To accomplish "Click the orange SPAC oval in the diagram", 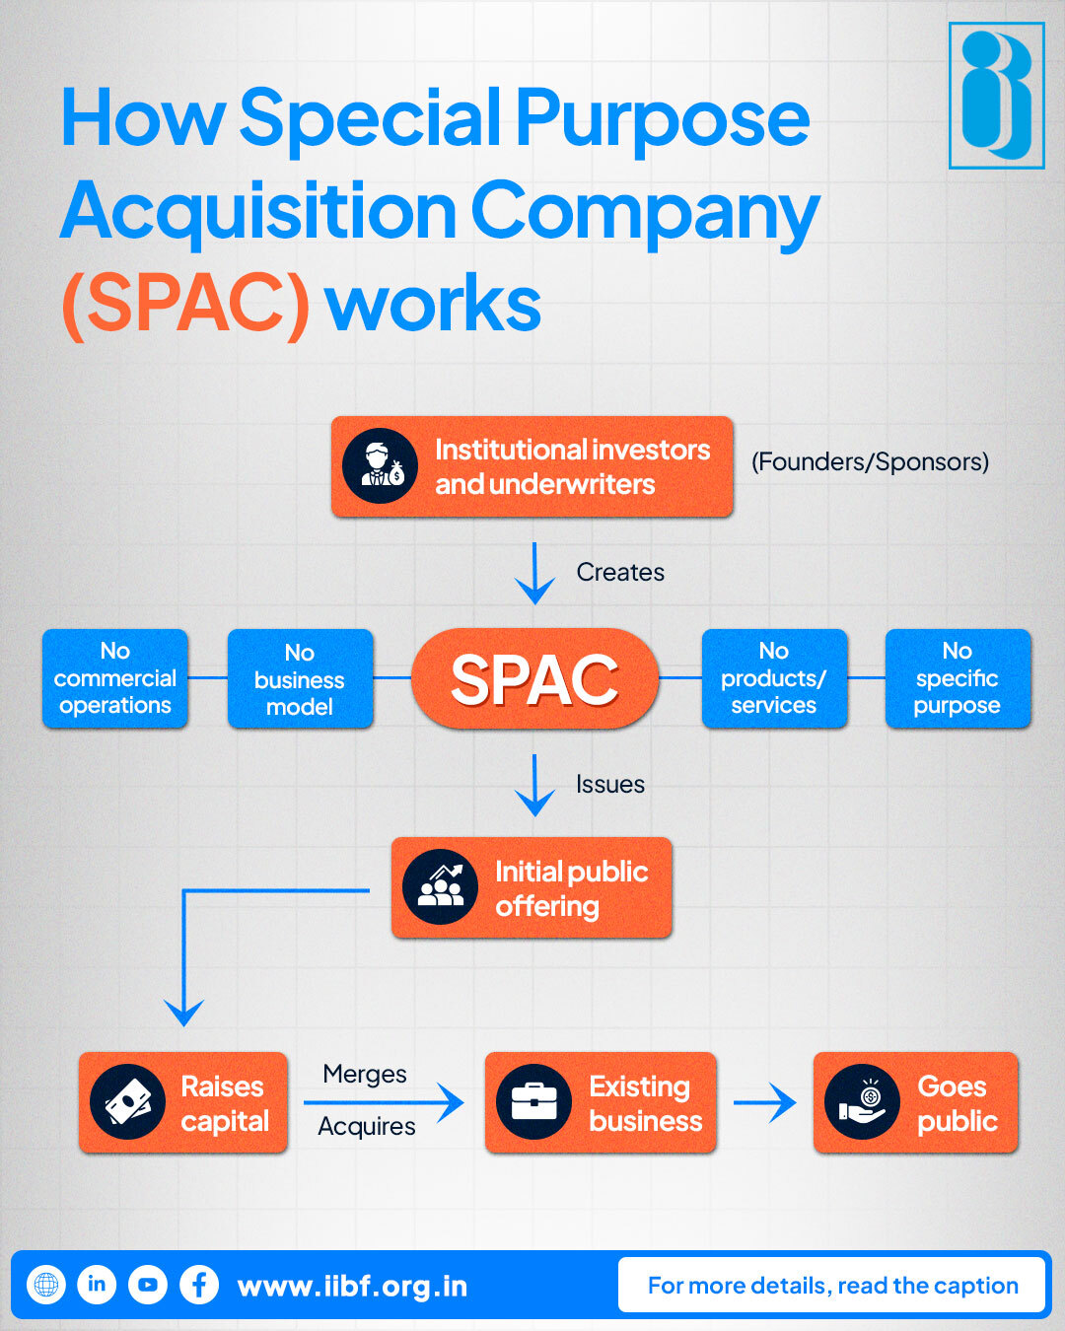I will pos(534,679).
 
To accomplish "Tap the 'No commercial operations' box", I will pos(115,678).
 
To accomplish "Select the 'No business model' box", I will pos(300,679).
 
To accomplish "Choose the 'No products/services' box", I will pos(774,678).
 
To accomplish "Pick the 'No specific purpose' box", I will pos(958,678).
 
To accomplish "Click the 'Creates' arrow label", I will pos(620,572).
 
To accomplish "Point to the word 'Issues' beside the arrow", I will pos(610,784).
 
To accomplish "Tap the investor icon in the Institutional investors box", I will pos(381,466).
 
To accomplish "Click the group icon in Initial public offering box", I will pos(441,887).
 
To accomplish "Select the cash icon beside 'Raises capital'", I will pos(128,1102).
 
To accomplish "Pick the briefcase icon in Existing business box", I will pos(534,1102).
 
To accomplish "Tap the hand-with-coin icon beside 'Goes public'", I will pos(863,1102).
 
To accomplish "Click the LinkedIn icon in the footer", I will pos(97,1285).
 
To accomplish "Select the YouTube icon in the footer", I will pos(148,1285).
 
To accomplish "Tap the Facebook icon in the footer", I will pos(199,1285).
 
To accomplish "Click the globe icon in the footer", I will pos(45,1285).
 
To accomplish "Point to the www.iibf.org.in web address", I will pos(352,1287).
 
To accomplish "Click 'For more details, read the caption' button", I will pos(831,1285).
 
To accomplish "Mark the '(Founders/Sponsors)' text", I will pos(870,461).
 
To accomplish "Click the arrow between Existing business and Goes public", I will pos(764,1102).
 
